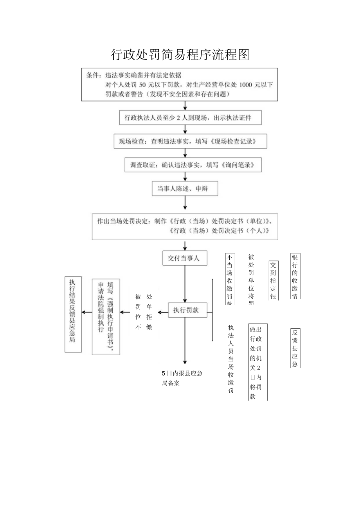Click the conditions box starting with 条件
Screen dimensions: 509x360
pyautogui.click(x=180, y=85)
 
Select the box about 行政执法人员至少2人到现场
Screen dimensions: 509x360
pyautogui.click(x=191, y=117)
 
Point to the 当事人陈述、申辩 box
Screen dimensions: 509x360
pyautogui.click(x=185, y=189)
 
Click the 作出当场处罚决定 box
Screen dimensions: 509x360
pyautogui.click(x=185, y=227)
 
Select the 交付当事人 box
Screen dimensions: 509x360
pyautogui.click(x=185, y=258)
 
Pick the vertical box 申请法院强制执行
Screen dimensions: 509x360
pyautogui.click(x=106, y=317)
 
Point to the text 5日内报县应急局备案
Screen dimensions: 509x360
pyautogui.click(x=182, y=378)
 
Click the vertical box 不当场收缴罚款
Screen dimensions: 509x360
pyautogui.click(x=230, y=279)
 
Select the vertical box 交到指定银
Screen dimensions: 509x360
pyautogui.click(x=274, y=280)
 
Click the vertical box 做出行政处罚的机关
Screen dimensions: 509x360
pyautogui.click(x=258, y=362)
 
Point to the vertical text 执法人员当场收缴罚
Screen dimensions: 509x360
pyautogui.click(x=231, y=358)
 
